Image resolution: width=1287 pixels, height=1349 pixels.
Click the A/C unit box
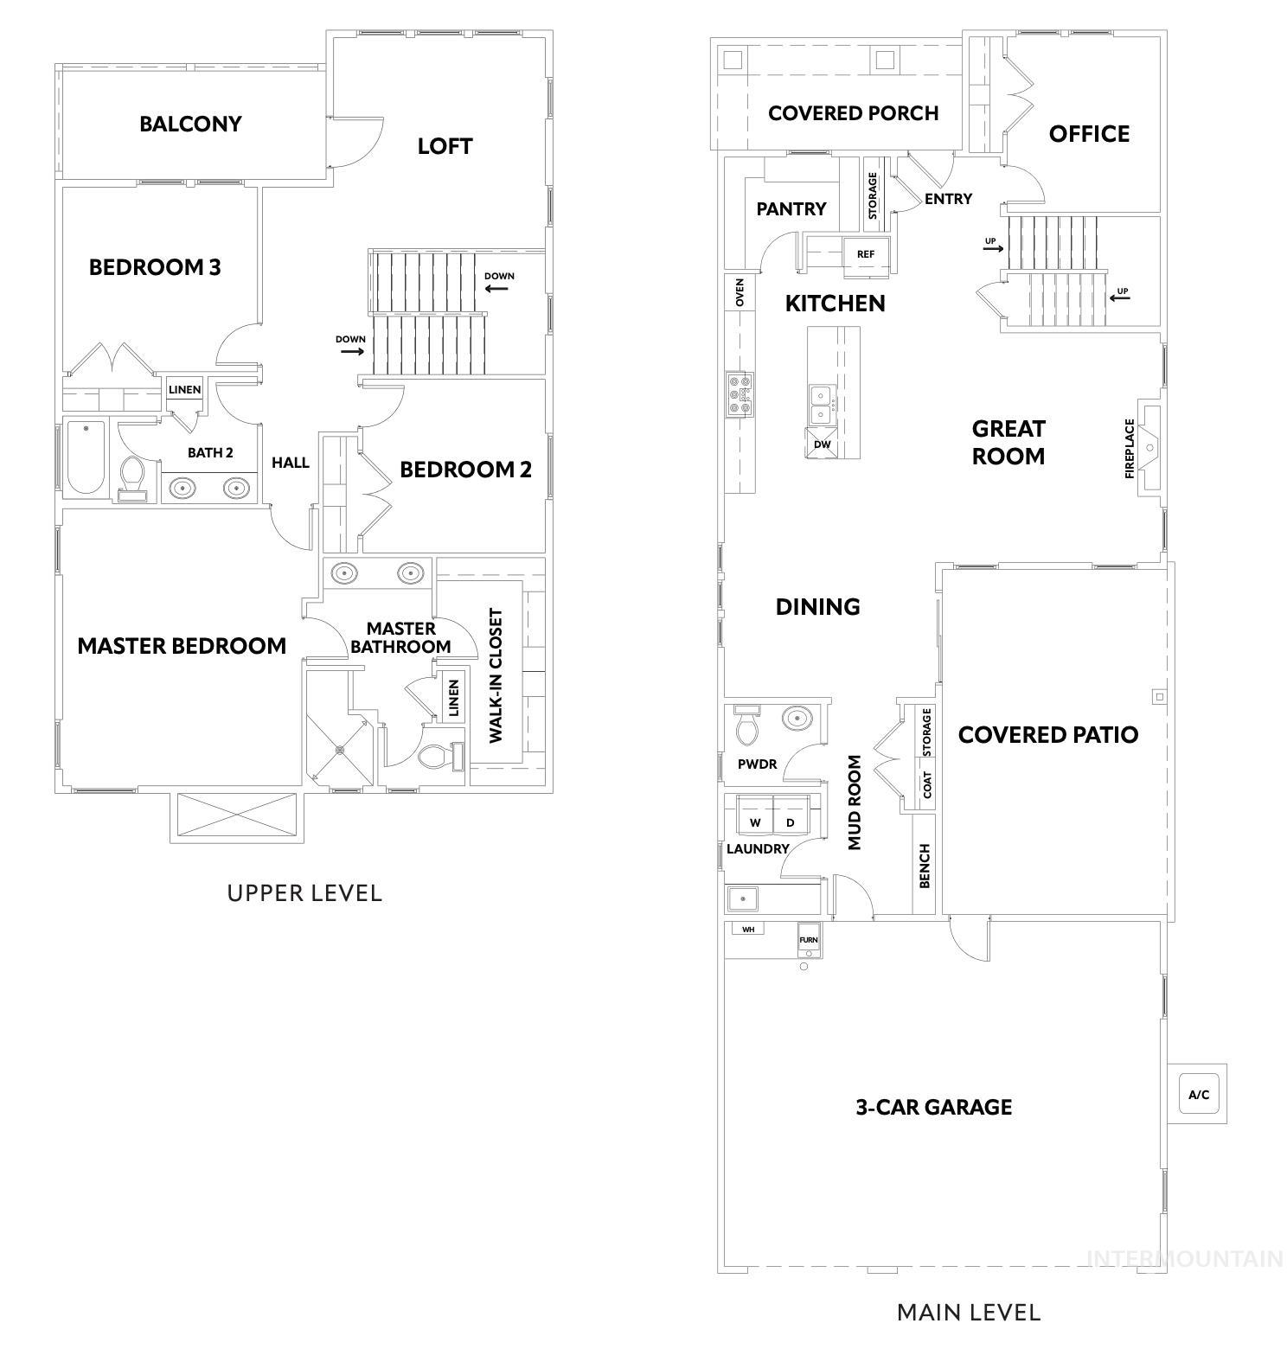coord(1198,1095)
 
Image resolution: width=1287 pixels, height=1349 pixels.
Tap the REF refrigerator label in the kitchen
coord(865,254)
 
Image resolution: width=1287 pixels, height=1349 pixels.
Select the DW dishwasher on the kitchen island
coord(822,444)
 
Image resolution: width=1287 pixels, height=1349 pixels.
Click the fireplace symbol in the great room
coord(1149,447)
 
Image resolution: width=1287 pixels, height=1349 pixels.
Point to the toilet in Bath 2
coord(132,477)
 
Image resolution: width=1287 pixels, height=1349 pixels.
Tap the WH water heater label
coord(748,929)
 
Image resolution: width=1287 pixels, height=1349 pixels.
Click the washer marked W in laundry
coord(755,822)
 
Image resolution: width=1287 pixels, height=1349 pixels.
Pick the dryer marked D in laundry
coord(790,822)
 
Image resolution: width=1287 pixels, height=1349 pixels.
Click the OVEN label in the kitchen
coord(740,293)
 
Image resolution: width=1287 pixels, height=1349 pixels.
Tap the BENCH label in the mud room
coord(925,866)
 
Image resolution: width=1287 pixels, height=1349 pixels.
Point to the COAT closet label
coord(927,785)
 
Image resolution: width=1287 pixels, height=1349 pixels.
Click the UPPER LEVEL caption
coord(304,893)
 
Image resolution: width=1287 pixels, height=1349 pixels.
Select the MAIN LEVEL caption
coord(969,1313)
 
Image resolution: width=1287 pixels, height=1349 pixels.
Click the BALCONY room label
coord(190,124)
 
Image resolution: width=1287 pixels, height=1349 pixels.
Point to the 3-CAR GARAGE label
coord(934,1107)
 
